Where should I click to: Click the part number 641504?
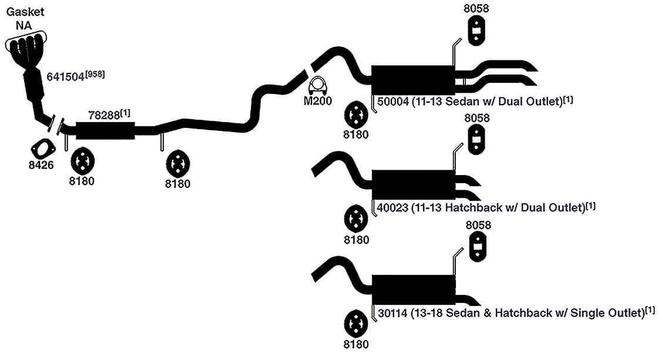65,77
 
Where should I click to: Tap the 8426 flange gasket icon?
43,149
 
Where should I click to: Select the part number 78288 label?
104,115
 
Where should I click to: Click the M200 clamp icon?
318,86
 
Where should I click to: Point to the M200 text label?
318,100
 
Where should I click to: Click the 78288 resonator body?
105,130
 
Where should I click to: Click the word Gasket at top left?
25,12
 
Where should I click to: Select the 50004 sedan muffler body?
413,80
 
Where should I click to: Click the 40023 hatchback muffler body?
414,184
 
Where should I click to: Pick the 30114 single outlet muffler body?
414,290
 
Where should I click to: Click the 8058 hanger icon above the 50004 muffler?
476,31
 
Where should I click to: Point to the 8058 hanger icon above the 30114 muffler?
478,247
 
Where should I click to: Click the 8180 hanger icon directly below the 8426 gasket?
82,161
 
